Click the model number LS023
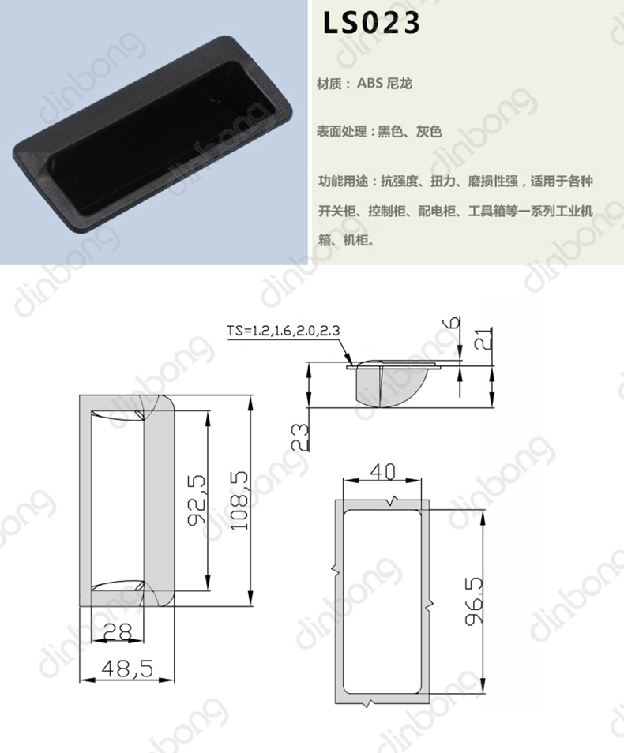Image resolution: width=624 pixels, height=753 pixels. click(x=371, y=23)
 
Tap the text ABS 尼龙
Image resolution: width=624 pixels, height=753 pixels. click(x=384, y=84)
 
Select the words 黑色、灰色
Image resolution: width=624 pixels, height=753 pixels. click(x=410, y=131)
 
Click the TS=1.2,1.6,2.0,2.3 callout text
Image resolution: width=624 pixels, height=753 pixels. click(x=284, y=331)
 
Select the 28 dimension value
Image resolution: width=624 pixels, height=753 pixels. click(x=118, y=632)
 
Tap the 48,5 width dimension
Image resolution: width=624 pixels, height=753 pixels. click(x=127, y=668)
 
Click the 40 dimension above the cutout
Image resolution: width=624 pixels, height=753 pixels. click(x=382, y=471)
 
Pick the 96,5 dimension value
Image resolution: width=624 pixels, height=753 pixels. click(x=474, y=601)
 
